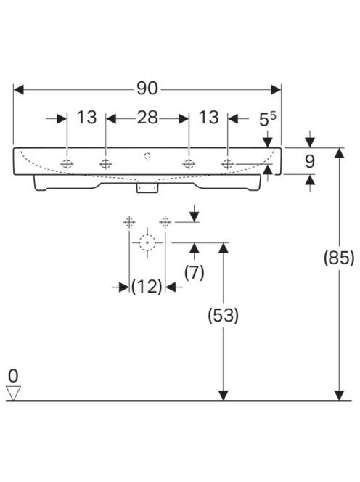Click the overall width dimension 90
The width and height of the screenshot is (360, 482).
click(x=147, y=89)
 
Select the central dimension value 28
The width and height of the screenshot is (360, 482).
click(x=147, y=118)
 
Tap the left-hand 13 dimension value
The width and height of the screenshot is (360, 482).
click(x=86, y=118)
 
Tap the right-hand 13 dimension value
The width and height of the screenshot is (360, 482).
click(x=209, y=118)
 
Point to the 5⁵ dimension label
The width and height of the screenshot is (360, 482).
click(x=268, y=118)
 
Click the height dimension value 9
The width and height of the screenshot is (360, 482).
click(x=310, y=161)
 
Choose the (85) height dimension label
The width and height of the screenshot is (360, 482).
click(x=339, y=258)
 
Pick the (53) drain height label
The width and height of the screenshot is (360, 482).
click(x=224, y=315)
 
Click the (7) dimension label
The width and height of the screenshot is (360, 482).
click(x=195, y=272)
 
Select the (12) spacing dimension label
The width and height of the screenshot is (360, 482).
click(x=147, y=287)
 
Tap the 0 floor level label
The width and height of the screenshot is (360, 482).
click(x=13, y=376)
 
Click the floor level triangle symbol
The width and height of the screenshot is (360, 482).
click(x=13, y=393)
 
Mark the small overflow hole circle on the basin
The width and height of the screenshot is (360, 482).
click(x=147, y=156)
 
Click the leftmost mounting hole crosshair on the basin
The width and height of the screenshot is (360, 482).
click(x=67, y=164)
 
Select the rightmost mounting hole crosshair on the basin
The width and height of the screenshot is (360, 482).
click(x=227, y=164)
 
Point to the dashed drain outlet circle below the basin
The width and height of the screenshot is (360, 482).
click(x=147, y=242)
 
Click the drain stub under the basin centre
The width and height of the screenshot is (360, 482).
click(x=147, y=187)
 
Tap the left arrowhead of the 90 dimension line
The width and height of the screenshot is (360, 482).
click(x=18, y=90)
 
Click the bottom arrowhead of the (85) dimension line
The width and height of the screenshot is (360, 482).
click(x=339, y=396)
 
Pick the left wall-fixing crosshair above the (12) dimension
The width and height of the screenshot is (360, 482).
click(x=129, y=221)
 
